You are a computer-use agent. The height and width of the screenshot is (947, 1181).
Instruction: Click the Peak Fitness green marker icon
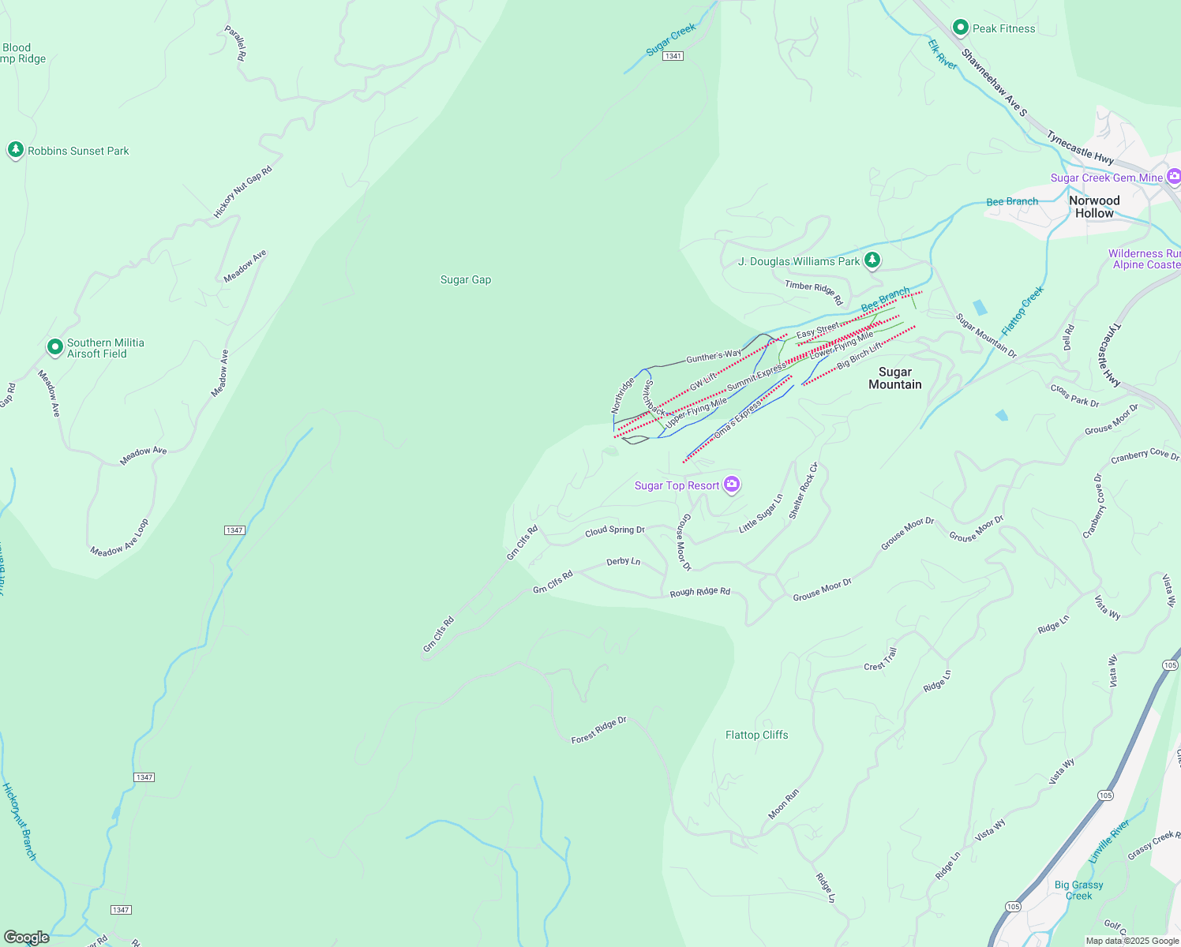(x=960, y=28)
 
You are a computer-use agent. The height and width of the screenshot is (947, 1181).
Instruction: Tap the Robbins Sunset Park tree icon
(x=15, y=150)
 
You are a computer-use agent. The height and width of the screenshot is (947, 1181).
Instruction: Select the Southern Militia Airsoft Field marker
(x=54, y=346)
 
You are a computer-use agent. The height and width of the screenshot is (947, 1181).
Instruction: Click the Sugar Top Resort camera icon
(x=732, y=485)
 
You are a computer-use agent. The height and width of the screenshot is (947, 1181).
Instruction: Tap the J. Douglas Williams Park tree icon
(x=872, y=260)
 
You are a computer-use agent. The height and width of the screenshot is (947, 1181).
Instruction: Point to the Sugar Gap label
(x=466, y=279)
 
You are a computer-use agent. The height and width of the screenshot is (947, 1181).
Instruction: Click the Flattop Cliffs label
(x=756, y=735)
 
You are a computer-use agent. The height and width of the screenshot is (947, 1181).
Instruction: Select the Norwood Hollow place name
(x=1094, y=207)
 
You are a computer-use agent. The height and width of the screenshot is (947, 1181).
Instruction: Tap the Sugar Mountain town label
(x=894, y=378)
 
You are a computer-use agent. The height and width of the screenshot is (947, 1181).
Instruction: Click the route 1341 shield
(x=673, y=56)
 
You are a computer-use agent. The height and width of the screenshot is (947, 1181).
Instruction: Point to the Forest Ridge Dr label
(x=598, y=730)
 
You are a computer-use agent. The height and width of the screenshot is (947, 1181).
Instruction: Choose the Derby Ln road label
(x=623, y=562)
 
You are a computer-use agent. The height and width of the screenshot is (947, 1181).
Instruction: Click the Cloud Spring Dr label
(x=614, y=531)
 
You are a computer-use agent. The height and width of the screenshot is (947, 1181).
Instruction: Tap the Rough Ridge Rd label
(x=699, y=592)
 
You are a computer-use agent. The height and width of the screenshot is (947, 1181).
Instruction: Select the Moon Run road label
(x=784, y=803)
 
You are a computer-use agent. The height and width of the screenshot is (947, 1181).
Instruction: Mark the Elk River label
(x=943, y=55)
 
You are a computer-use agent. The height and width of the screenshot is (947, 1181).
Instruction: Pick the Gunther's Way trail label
(x=713, y=357)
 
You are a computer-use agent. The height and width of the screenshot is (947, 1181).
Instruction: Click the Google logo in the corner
(x=26, y=938)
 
